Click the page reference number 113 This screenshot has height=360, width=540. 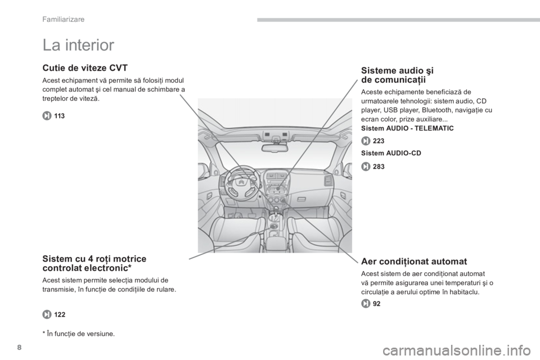tap(59, 116)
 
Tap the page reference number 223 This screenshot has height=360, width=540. tap(379, 141)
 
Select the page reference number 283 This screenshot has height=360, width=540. tap(379, 166)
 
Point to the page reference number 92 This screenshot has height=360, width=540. tap(377, 304)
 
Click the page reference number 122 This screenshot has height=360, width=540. tap(60, 314)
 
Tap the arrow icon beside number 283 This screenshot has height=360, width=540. tap(366, 166)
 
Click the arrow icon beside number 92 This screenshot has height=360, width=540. tap(366, 304)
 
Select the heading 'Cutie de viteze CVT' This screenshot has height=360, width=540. tap(85, 67)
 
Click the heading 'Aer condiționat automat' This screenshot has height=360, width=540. tap(414, 262)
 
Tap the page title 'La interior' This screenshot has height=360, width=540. tap(78, 45)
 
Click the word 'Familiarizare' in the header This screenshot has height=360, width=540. tap(64, 19)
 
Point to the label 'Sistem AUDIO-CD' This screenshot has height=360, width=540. tap(391, 154)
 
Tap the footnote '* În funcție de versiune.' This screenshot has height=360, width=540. tap(79, 334)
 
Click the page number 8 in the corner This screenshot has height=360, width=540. tap(19, 348)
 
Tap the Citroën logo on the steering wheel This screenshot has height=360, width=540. tap(241, 181)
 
